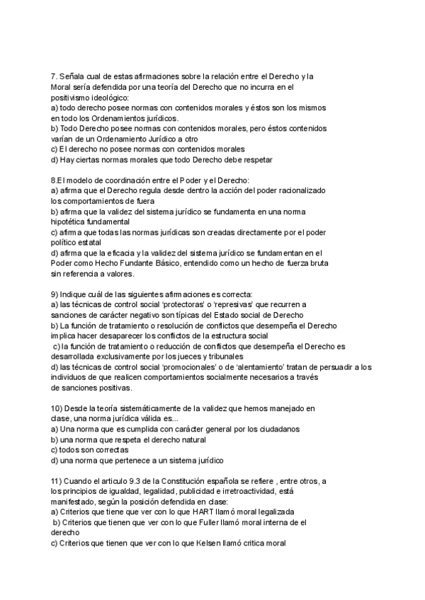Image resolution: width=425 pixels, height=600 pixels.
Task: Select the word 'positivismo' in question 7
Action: [72, 97]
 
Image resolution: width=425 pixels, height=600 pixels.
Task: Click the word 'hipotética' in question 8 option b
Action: [72, 221]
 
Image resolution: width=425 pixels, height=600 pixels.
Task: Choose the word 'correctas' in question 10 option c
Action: [108, 450]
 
